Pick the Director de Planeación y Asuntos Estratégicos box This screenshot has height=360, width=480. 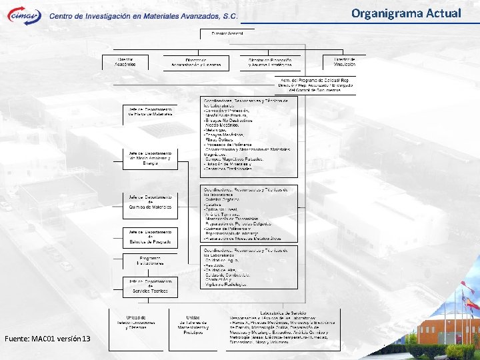[x=271, y=63]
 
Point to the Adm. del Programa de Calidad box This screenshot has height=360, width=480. [x=316, y=85]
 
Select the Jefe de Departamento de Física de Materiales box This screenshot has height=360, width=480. [x=150, y=113]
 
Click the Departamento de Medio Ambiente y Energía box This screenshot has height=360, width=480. [x=151, y=159]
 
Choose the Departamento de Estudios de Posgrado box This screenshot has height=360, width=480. [x=150, y=238]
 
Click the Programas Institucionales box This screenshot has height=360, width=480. [x=150, y=262]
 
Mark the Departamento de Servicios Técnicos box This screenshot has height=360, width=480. [x=150, y=287]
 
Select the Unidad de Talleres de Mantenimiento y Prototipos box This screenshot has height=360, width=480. [x=193, y=323]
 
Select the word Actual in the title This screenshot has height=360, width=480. [x=443, y=13]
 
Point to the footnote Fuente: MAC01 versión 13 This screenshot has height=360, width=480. [x=47, y=339]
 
